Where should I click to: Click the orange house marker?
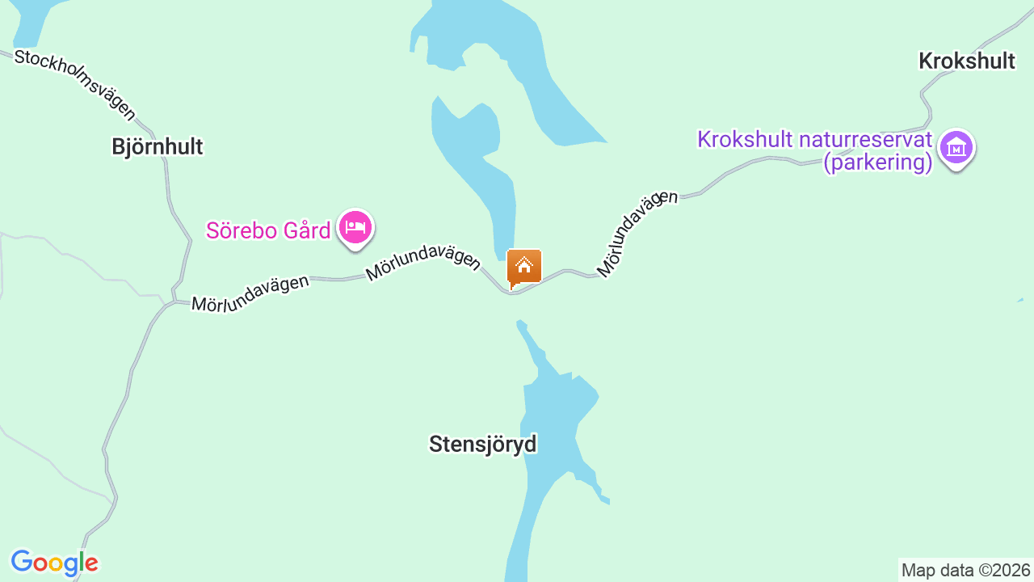[523, 267]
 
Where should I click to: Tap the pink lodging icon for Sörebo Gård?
[355, 227]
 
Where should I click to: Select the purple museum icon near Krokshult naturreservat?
[956, 148]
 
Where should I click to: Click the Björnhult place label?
[158, 146]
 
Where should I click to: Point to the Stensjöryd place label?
[482, 444]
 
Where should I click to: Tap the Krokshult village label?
[966, 61]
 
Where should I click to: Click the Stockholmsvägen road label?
[75, 84]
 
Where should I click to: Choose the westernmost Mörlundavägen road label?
[250, 293]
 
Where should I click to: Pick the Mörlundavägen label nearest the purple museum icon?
[637, 233]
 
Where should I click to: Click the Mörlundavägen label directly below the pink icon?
[422, 264]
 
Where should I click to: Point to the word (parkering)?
[878, 162]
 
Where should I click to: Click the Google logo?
[54, 563]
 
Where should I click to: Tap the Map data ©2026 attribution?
[966, 570]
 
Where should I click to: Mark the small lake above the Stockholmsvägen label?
[28, 20]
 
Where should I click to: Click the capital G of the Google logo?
[22, 562]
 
